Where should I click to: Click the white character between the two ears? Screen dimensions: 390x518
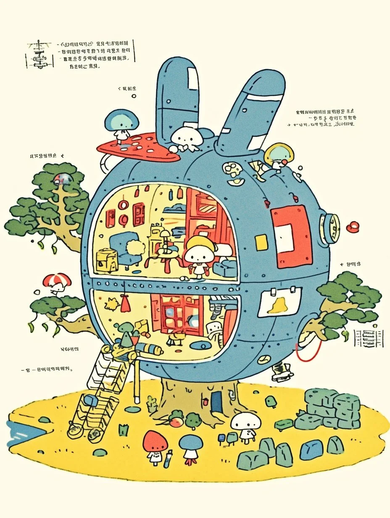[185, 138]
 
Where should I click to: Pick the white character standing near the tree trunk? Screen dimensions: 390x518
[246, 426]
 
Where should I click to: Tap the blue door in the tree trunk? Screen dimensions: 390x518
[216, 401]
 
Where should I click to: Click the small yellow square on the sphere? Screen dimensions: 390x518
[261, 243]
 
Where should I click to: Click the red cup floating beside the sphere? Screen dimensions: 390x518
[352, 227]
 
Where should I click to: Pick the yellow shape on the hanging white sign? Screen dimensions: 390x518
[279, 306]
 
